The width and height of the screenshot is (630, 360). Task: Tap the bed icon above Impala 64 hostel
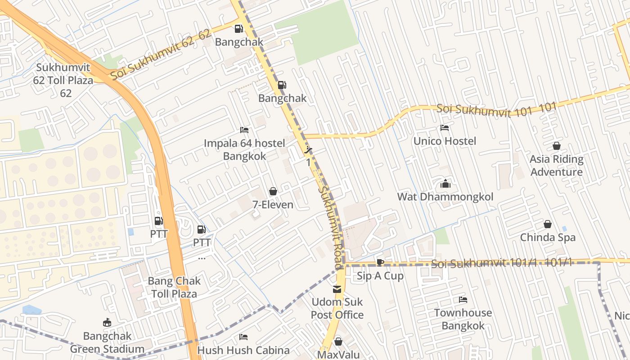click(244, 130)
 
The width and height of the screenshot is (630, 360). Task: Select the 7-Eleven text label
click(273, 205)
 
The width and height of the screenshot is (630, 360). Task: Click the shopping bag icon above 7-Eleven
click(273, 192)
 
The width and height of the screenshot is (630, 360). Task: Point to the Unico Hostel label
click(445, 141)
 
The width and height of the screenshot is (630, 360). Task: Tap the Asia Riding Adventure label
click(556, 166)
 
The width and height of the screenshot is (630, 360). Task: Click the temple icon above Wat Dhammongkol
click(445, 184)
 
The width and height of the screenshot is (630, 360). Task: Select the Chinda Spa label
click(548, 237)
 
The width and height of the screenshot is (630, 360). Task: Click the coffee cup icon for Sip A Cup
click(380, 263)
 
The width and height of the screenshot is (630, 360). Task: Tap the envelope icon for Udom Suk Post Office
click(337, 289)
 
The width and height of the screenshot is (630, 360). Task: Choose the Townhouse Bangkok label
click(463, 319)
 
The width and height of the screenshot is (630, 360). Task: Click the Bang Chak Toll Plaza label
click(174, 288)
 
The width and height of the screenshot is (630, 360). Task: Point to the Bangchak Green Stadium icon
click(107, 323)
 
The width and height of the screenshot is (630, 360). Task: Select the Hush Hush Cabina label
click(243, 350)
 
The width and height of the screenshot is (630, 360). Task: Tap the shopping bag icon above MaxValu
click(338, 342)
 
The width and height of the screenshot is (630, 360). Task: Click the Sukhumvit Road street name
click(332, 225)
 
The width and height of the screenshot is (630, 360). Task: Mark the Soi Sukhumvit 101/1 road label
click(501, 263)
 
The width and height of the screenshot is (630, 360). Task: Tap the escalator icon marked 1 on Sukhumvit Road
click(309, 150)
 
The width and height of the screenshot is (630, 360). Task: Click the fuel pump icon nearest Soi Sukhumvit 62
click(238, 29)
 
